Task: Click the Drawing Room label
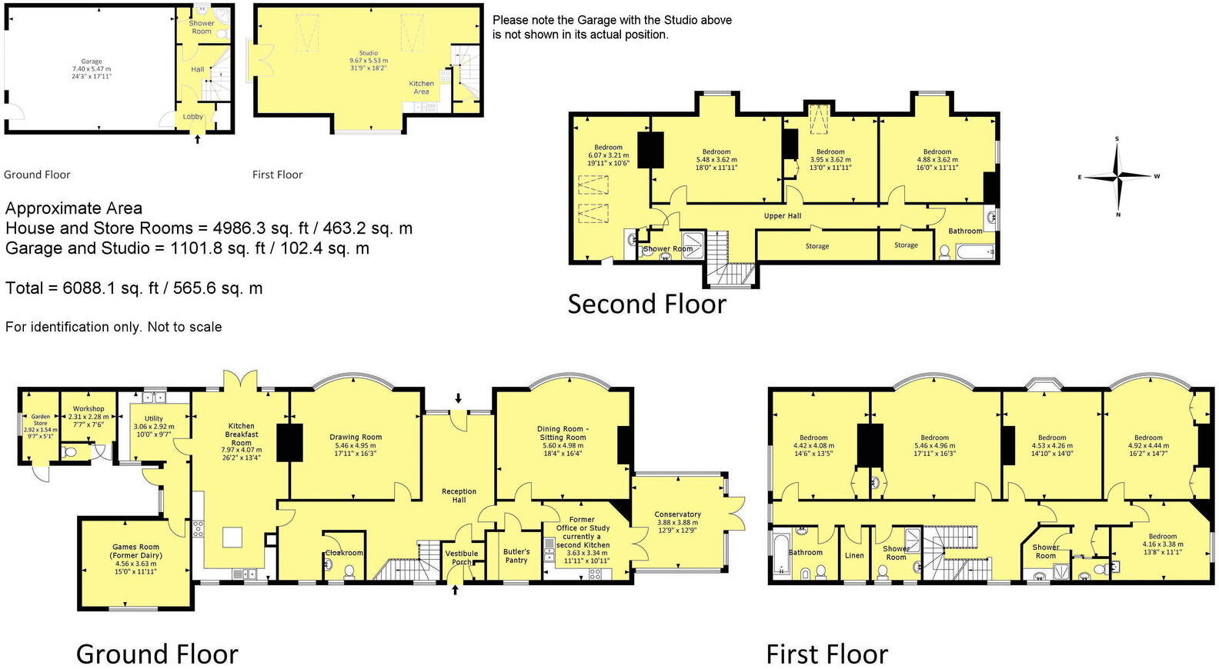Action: coord(356,437)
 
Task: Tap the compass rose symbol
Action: coord(1117,177)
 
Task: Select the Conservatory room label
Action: coord(677,514)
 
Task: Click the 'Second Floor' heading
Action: coord(646,305)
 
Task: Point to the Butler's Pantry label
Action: coord(516,555)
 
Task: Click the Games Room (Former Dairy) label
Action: coord(135,551)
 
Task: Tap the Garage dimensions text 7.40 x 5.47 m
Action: coord(92,69)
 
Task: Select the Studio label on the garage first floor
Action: coord(369,53)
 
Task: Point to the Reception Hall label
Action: coord(459,495)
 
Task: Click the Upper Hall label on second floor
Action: coord(783,216)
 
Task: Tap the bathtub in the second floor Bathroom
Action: coord(975,251)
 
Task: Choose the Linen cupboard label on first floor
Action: coord(854,555)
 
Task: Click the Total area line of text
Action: coord(134,288)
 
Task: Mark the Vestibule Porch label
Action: coord(462,557)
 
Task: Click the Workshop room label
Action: coord(89,409)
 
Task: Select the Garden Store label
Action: coord(40,420)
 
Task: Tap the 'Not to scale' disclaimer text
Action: coord(113,327)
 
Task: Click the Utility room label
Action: coord(154,418)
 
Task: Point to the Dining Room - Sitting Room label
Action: coord(563,433)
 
